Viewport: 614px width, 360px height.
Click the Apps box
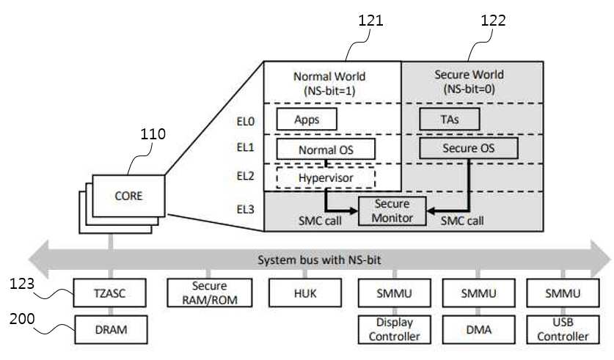coord(307,119)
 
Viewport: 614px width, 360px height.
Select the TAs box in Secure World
coord(450,119)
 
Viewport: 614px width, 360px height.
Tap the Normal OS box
coord(326,149)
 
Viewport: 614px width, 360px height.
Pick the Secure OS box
coord(469,148)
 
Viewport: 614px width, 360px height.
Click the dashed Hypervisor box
coord(326,178)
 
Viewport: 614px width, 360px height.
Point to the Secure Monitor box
coord(392,211)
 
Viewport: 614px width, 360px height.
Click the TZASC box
coord(109,293)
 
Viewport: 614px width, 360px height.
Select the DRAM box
coord(112,329)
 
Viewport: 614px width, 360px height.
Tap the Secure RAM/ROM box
coord(210,293)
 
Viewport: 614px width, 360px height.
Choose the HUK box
coord(305,293)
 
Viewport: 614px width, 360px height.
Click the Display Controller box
coord(395,329)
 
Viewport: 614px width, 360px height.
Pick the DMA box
coord(478,329)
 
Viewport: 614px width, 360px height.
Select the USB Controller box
coord(563,329)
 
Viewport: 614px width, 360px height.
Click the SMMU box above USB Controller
coord(563,293)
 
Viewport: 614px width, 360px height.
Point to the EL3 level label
coord(246,210)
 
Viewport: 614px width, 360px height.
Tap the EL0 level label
coord(246,122)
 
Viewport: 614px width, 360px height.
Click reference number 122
coord(494,21)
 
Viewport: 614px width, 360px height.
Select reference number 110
coord(153,134)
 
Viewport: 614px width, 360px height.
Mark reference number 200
coord(22,319)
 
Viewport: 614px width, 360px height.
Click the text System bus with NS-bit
coord(319,260)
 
